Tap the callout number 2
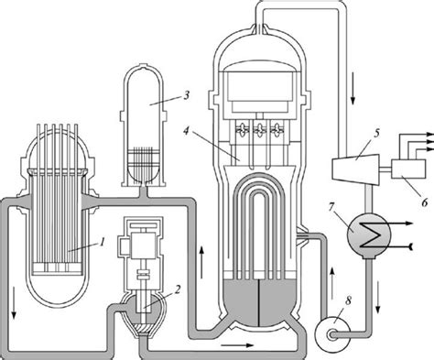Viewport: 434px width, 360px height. [x=178, y=289]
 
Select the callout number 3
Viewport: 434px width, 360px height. [x=187, y=95]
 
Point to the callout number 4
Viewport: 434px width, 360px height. [x=187, y=131]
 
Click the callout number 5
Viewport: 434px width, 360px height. [x=376, y=134]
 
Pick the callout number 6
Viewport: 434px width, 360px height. [x=425, y=202]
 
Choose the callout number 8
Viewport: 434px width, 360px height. [x=348, y=300]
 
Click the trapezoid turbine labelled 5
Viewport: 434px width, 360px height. [x=355, y=169]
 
